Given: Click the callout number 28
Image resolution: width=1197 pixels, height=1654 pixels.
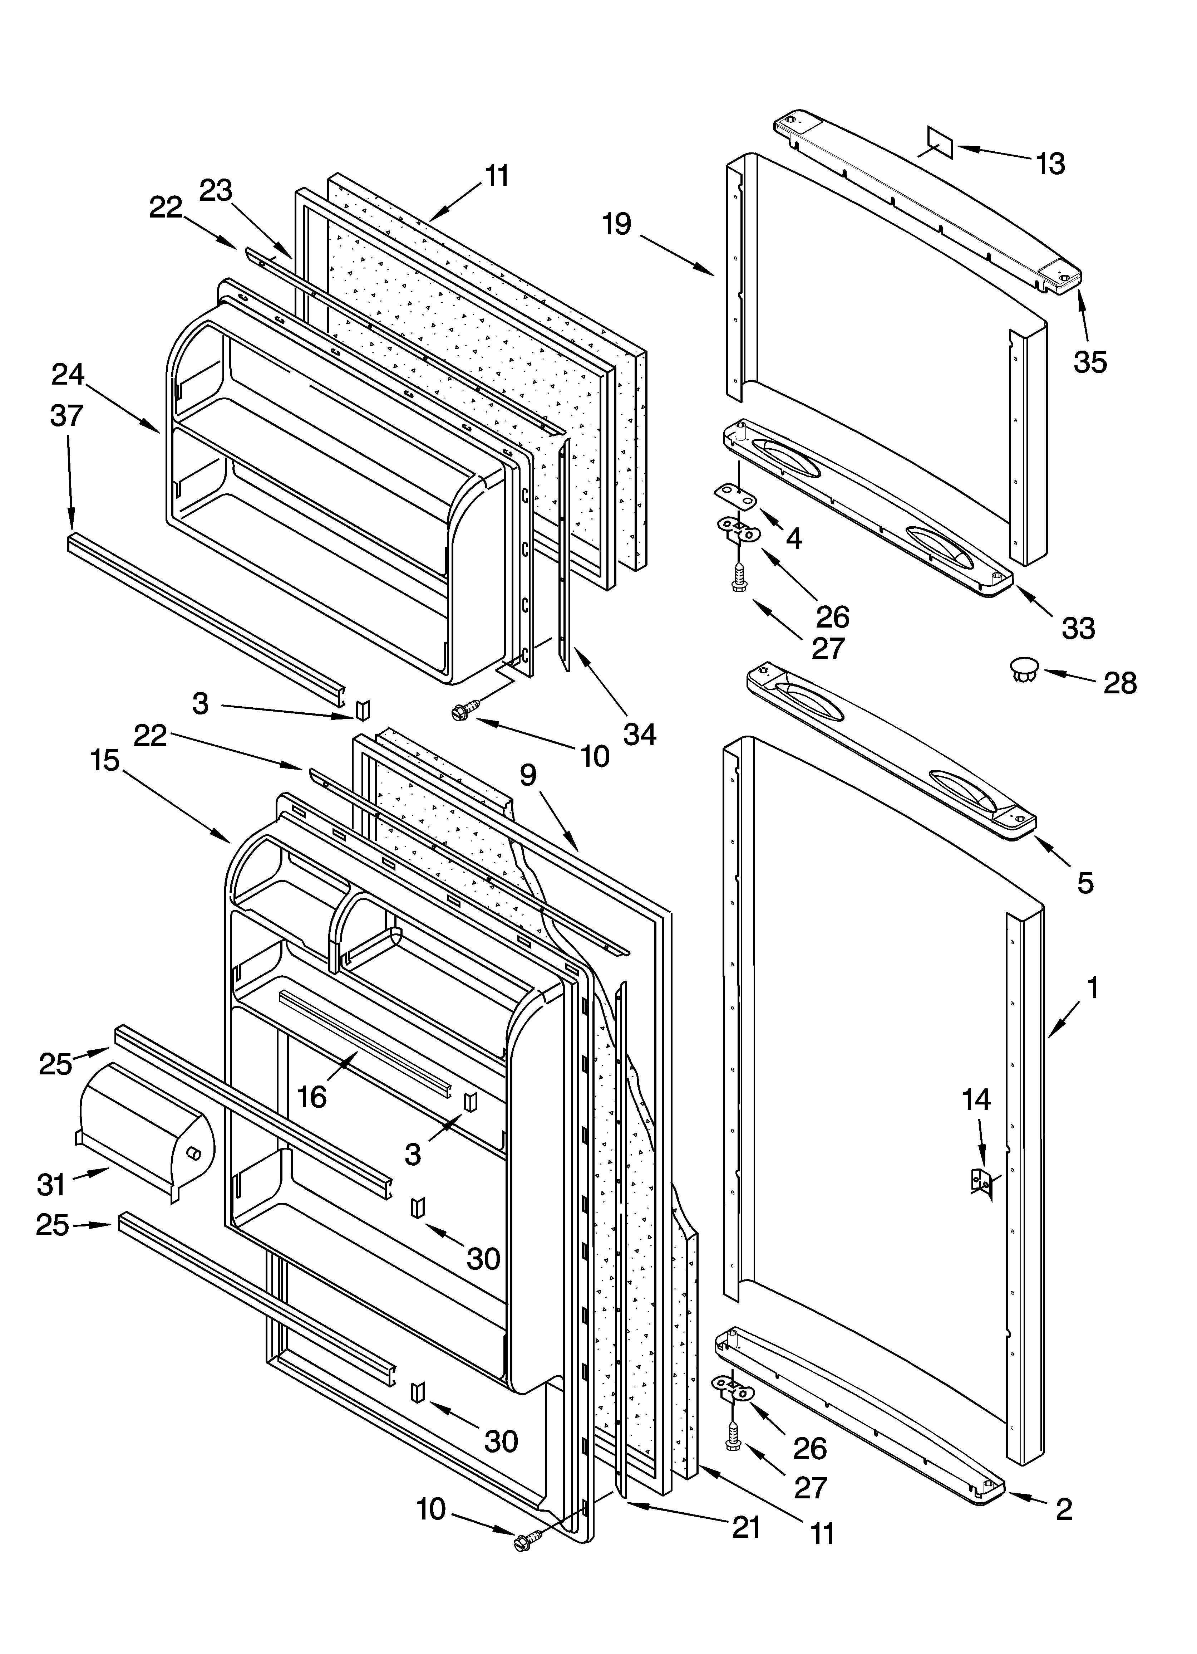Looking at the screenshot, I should (1120, 683).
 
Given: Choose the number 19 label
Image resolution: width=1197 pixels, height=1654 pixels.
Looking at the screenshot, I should (617, 224).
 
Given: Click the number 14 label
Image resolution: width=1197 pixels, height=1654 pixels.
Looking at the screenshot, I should (976, 1099).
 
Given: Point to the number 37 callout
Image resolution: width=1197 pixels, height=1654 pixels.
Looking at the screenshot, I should (67, 416).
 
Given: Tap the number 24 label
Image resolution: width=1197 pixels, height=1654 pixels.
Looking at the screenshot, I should (68, 374).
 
